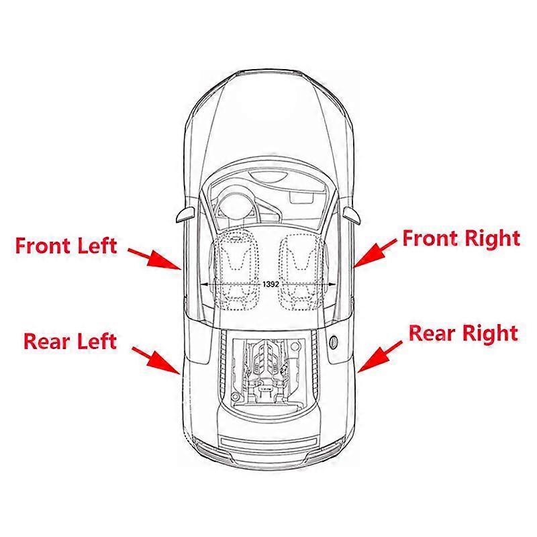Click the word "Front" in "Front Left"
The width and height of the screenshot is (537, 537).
tap(42, 245)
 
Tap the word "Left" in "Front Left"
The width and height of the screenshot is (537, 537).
tap(95, 246)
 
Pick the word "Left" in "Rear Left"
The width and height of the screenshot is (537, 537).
tap(95, 340)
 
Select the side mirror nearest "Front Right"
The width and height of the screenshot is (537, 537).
tap(353, 214)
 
